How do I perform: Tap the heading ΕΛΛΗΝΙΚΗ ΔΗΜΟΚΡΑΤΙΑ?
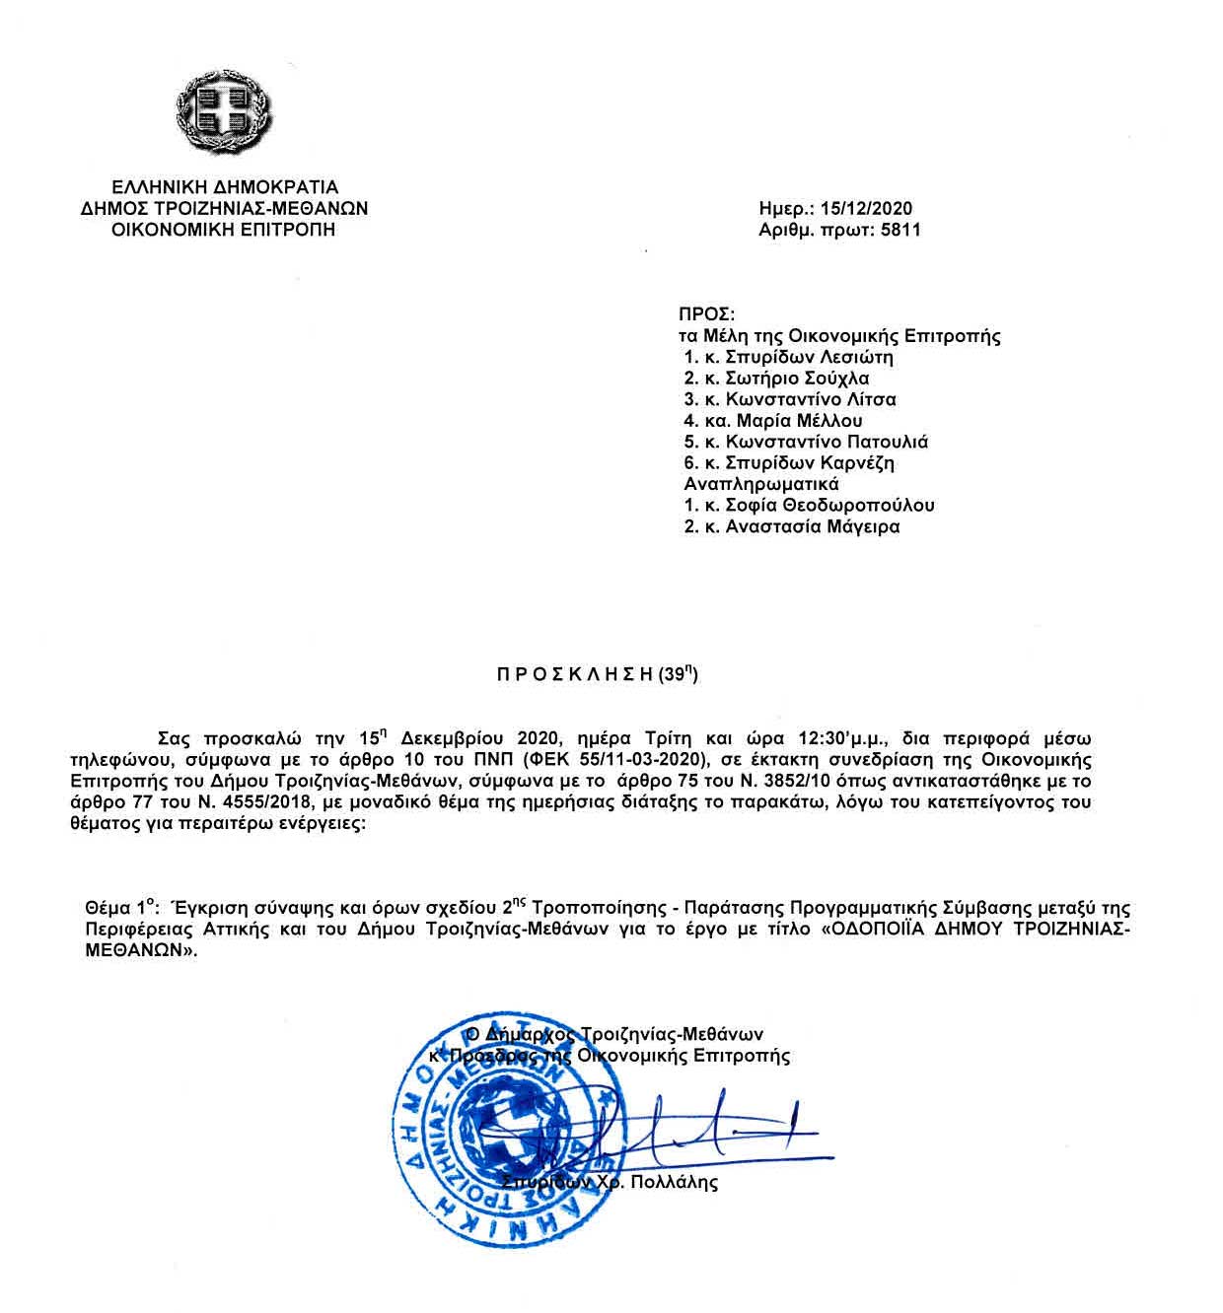[225, 187]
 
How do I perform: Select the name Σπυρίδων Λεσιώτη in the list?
[809, 357]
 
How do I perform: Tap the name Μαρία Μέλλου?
[798, 421]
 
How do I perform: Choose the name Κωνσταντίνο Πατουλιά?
[827, 443]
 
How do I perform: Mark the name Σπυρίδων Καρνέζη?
[810, 463]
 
